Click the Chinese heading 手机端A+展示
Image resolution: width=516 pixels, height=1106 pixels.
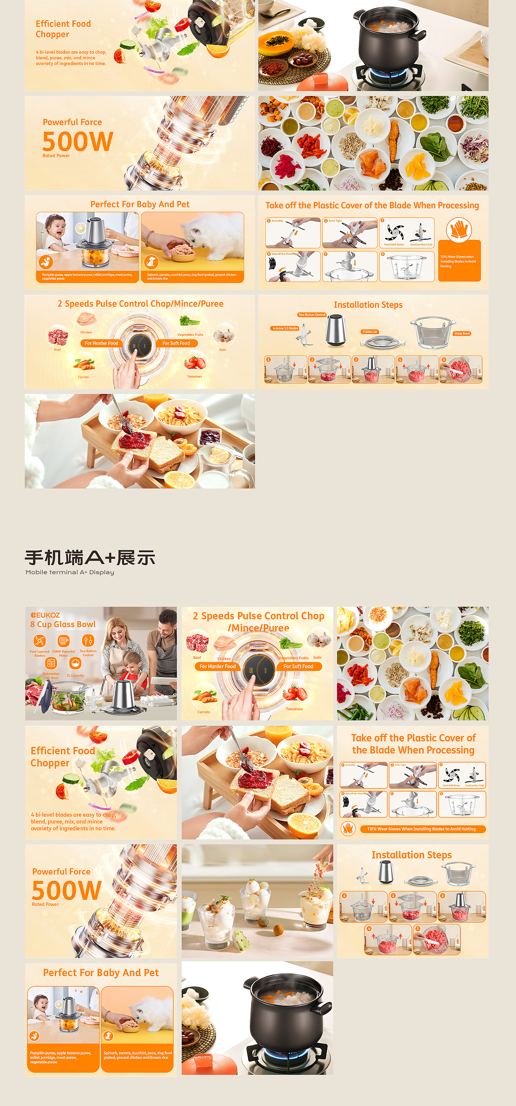pos(90,558)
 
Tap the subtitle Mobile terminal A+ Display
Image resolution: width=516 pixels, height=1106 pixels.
pos(70,572)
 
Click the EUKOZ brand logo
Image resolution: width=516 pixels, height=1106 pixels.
pos(45,615)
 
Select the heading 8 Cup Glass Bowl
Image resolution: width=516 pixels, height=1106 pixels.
pos(62,624)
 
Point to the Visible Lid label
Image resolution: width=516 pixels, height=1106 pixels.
pos(369,332)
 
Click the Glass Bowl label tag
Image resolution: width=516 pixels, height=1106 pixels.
pos(462,334)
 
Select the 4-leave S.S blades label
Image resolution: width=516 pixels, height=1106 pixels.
pos(285,328)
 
